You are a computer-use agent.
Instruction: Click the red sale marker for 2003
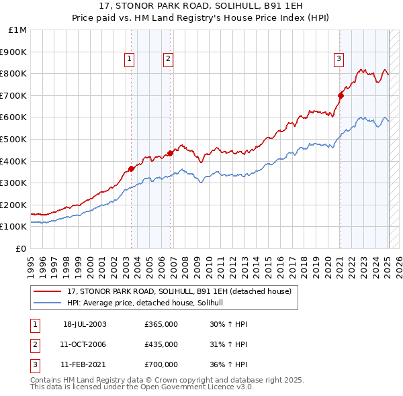tap(132, 168)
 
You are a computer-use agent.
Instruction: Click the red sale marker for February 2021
tap(341, 95)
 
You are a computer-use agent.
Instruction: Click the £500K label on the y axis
tap(15, 140)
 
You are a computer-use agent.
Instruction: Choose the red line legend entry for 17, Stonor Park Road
tap(179, 292)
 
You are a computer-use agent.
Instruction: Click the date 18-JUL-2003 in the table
tap(85, 324)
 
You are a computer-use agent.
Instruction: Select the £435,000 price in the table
tap(161, 344)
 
